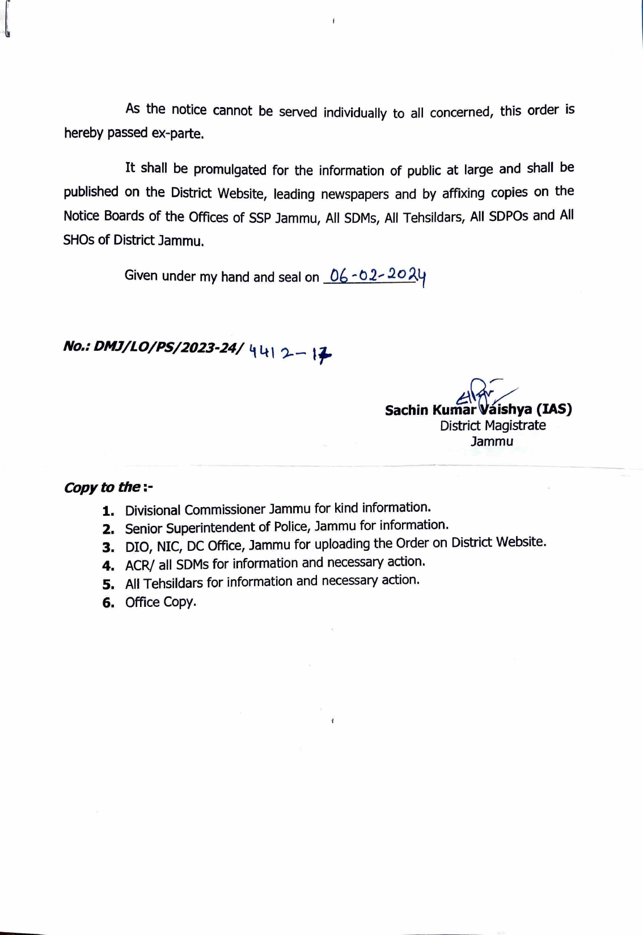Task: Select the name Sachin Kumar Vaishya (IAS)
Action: tap(478, 409)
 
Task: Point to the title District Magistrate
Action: tap(493, 426)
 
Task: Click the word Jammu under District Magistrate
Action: tap(492, 441)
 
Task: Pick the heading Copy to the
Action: tap(108, 487)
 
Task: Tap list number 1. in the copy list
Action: tap(108, 511)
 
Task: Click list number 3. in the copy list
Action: tap(108, 547)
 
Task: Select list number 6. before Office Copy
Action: tap(108, 603)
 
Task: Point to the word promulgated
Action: tap(230, 169)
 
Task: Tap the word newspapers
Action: tap(356, 194)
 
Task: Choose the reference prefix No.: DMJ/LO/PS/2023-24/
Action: tap(154, 347)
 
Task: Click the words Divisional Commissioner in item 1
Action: tap(195, 509)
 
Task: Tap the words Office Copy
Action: tap(160, 602)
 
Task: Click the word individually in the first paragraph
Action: tap(355, 112)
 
